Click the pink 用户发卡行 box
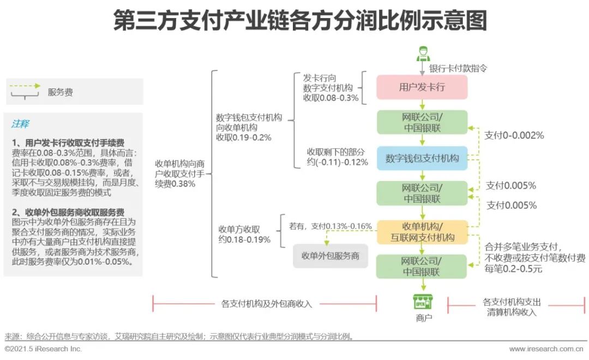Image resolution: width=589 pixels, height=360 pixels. tap(422, 87)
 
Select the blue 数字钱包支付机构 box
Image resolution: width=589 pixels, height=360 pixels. tap(422, 158)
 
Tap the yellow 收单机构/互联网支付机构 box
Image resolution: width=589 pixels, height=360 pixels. tap(422, 232)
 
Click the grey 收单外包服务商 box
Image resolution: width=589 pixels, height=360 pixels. tap(330, 256)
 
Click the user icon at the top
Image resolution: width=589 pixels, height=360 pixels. tap(423, 54)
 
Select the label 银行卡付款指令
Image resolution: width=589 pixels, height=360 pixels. tap(458, 69)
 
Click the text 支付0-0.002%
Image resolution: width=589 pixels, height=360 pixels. tap(514, 135)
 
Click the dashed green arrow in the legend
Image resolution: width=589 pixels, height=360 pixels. tap(24, 86)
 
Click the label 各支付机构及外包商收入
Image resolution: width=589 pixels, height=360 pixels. tap(266, 304)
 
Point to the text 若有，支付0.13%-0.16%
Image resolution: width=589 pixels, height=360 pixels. tap(330, 225)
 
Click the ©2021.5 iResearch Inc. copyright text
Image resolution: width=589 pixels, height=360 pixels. tap(43, 349)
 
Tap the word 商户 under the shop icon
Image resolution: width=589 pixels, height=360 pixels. tap(423, 317)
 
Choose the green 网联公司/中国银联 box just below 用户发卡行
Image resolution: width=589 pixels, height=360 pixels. tap(422, 123)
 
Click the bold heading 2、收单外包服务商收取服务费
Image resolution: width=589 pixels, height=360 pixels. tap(68, 212)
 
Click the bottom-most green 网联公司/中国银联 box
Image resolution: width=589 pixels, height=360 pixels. tap(422, 266)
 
